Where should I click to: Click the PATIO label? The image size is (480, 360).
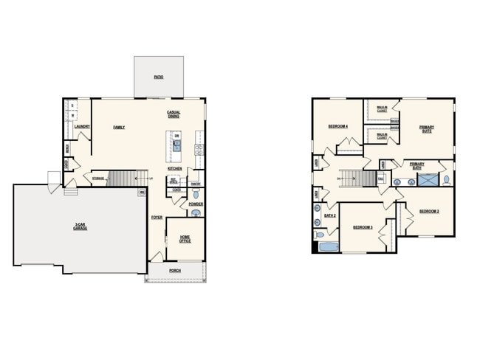pyautogui.click(x=159, y=77)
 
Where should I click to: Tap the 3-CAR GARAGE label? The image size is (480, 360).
pyautogui.click(x=80, y=226)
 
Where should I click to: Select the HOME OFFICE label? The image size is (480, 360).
pyautogui.click(x=185, y=238)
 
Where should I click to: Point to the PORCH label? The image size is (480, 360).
pyautogui.click(x=175, y=271)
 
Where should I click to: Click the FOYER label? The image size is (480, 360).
pyautogui.click(x=157, y=218)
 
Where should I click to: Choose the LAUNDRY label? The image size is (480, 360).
pyautogui.click(x=82, y=127)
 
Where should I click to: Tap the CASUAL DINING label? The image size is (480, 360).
pyautogui.click(x=174, y=114)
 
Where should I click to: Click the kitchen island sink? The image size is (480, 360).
pyautogui.click(x=176, y=146)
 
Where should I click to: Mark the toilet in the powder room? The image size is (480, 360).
pyautogui.click(x=196, y=194)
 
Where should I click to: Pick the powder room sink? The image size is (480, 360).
pyautogui.click(x=196, y=213)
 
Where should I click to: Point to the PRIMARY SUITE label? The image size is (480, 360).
pyautogui.click(x=427, y=128)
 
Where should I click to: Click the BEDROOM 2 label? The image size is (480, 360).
pyautogui.click(x=429, y=212)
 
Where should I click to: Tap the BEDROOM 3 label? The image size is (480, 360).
pyautogui.click(x=362, y=227)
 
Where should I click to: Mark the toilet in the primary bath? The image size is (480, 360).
pyautogui.click(x=447, y=179)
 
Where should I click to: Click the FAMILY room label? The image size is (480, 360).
pyautogui.click(x=119, y=127)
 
